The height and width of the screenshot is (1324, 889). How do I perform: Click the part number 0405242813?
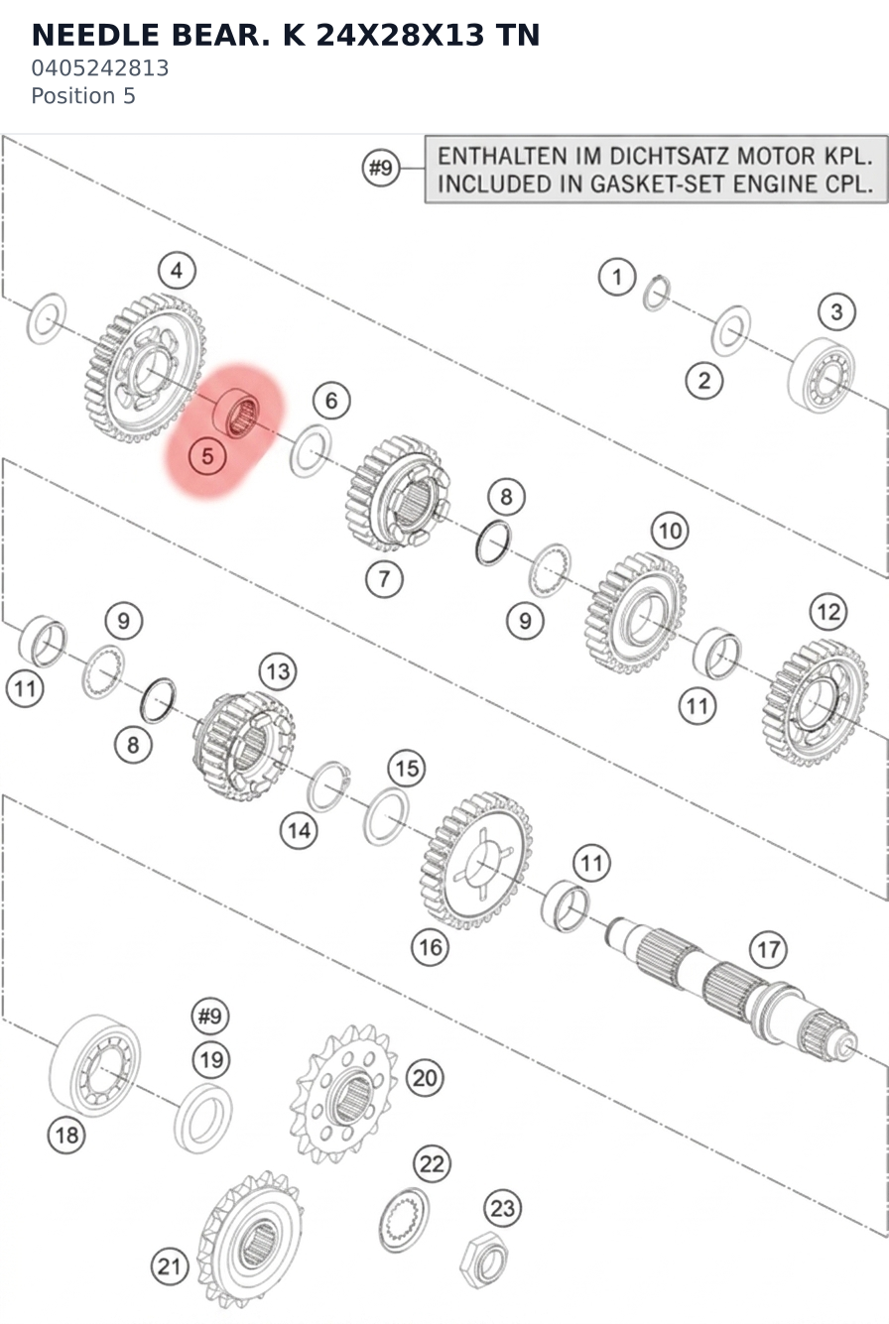100,68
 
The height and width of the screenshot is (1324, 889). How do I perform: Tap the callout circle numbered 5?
207,456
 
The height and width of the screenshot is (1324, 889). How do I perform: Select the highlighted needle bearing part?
236,413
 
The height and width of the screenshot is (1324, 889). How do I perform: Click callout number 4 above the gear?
177,271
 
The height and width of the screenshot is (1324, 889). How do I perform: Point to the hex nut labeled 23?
484,1261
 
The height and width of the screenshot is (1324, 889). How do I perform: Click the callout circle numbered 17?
768,949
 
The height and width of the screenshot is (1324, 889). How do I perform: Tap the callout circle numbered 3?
836,311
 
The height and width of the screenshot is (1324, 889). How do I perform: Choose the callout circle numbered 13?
278,671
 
